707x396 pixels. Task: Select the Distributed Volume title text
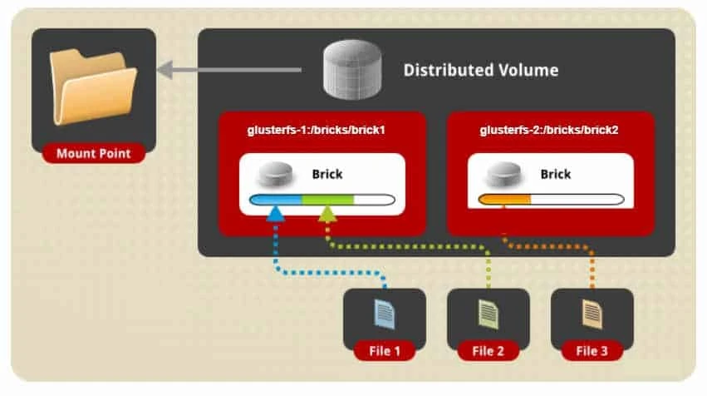480,70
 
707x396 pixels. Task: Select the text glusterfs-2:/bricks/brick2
549,131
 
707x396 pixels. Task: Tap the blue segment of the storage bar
276,200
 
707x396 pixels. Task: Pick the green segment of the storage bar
327,200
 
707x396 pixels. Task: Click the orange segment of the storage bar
505,200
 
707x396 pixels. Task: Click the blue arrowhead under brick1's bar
276,215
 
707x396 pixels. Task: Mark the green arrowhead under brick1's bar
327,215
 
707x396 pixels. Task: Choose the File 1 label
384,350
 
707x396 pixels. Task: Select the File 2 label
488,350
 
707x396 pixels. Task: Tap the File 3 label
592,350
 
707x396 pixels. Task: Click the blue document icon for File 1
384,314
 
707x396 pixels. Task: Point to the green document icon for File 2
488,314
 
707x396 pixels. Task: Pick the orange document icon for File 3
592,314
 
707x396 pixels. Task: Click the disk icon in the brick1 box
276,175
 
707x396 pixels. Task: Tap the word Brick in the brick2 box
556,175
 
